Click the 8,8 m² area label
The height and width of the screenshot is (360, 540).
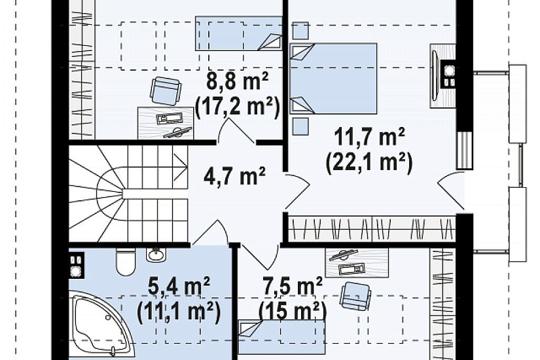coord(238,82)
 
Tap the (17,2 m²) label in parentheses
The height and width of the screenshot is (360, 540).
coord(237,107)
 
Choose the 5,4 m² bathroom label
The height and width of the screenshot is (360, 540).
coord(179,287)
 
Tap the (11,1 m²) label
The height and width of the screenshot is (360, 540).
coord(179,311)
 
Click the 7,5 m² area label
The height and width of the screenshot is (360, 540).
coord(292,286)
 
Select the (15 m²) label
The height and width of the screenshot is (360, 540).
coord(293,311)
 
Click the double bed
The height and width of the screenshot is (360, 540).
coord(333,79)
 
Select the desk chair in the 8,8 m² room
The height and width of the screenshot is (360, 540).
coord(166,90)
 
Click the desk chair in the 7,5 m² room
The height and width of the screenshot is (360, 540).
coord(355,295)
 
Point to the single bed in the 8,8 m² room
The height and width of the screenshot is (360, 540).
coord(239,33)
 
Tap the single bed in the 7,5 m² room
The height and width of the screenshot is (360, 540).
coord(282,337)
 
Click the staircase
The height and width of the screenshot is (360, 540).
coord(128,194)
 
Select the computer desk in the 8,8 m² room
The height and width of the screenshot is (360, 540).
coord(166,123)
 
